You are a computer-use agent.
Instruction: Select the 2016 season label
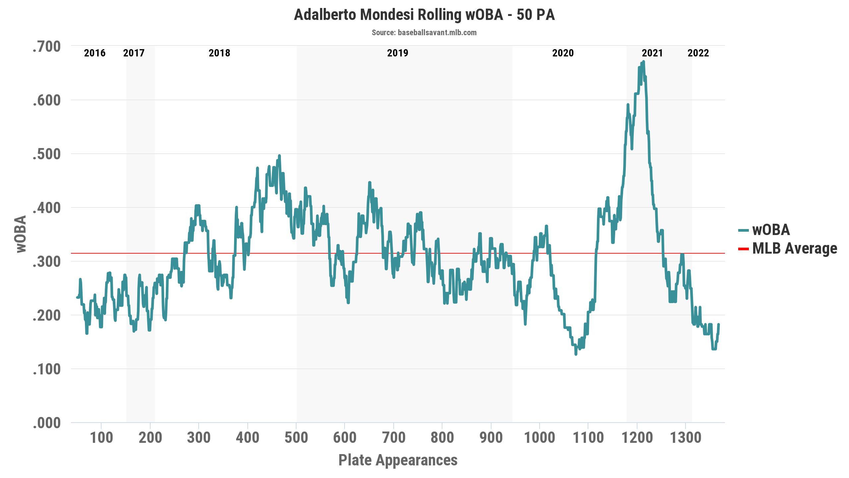(95, 53)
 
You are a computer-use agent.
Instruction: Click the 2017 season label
(134, 53)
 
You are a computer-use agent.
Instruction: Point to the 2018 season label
(219, 53)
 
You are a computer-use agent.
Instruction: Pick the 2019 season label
(398, 53)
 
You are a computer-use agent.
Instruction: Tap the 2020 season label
(563, 53)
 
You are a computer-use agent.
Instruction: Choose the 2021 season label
(652, 53)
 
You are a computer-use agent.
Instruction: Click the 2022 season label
(698, 53)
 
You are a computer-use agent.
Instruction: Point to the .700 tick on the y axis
(47, 46)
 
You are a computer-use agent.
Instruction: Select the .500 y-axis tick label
(47, 154)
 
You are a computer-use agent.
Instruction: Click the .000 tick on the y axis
(47, 423)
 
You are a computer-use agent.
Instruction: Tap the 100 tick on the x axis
(101, 438)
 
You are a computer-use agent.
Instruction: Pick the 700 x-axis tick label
(393, 438)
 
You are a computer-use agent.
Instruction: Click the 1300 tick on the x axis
(686, 438)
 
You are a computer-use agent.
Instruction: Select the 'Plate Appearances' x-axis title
(398, 460)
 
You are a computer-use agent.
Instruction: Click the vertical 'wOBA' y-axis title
(21, 234)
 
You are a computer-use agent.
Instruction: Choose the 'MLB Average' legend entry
(794, 248)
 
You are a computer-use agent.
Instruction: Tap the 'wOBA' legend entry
(771, 230)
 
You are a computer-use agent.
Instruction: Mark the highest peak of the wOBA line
(643, 62)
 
